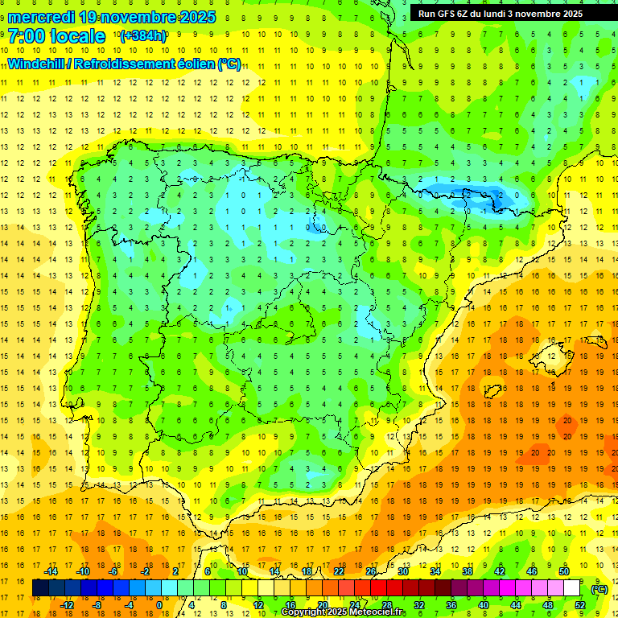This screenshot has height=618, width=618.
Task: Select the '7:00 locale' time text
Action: tap(56, 36)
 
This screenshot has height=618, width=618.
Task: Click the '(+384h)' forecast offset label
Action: tap(142, 36)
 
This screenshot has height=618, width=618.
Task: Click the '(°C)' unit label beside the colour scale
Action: tap(599, 589)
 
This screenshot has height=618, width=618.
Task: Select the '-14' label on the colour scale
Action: tap(51, 571)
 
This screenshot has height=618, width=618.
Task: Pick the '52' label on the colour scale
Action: tap(580, 605)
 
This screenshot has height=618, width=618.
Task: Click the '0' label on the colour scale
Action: tap(159, 605)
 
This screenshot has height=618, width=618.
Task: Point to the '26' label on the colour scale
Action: tap(371, 571)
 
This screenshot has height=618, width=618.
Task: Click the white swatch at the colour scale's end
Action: tap(572, 588)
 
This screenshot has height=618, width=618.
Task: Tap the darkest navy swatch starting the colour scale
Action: tap(40, 588)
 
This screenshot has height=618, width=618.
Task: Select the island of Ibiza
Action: tap(491, 392)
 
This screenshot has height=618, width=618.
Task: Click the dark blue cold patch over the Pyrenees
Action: tap(467, 194)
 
